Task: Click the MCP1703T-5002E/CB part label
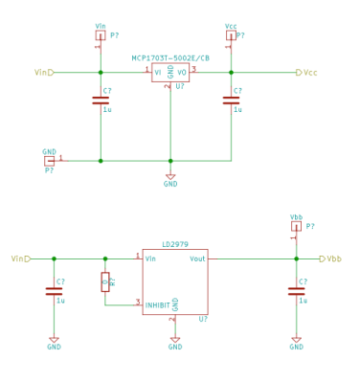coord(170,58)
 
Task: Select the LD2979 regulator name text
coord(175,244)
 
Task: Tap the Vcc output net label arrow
coord(299,73)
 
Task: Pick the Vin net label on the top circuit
coord(41,73)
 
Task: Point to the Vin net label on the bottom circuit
coord(18,258)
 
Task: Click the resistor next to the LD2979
coord(105,281)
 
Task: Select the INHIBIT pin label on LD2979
coord(158,304)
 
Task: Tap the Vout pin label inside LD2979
coord(197,258)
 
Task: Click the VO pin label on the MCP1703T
coord(182,72)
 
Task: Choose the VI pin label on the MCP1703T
coord(158,72)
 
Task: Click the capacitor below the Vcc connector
coord(231,100)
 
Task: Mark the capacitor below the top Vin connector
coord(101,100)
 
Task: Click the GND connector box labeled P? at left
coord(50,161)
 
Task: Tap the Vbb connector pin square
coord(296,227)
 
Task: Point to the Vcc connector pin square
coord(231,35)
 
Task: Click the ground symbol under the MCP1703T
coord(170,176)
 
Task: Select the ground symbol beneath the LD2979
coord(175,339)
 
